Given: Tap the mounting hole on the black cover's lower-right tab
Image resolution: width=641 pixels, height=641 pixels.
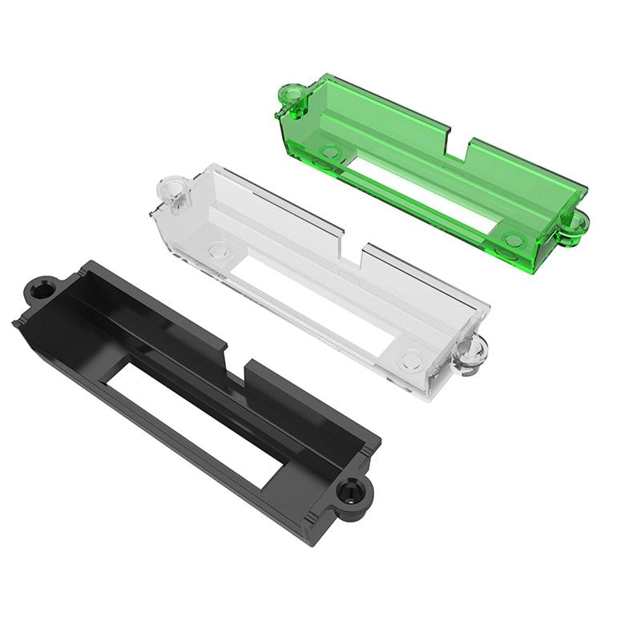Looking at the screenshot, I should click(351, 490).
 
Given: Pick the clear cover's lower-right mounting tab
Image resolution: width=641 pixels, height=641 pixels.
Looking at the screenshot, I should click(471, 353).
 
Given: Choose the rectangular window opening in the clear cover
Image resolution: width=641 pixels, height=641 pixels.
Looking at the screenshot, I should click(316, 304).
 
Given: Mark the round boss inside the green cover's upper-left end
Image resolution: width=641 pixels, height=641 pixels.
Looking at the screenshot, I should click(329, 150).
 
